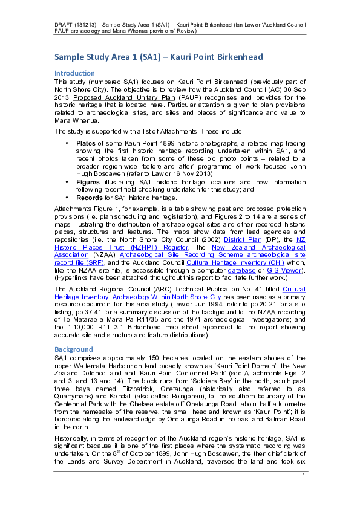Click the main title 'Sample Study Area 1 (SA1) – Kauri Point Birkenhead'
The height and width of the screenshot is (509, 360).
pyautogui.click(x=159, y=57)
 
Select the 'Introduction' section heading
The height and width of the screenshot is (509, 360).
pyautogui.click(x=74, y=73)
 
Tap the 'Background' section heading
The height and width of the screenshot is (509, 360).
pyautogui.click(x=73, y=349)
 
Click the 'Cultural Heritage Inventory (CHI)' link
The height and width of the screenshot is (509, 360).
pyautogui.click(x=235, y=263)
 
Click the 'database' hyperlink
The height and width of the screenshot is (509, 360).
pyautogui.click(x=241, y=270)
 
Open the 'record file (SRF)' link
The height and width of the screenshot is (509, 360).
pyautogui.click(x=79, y=263)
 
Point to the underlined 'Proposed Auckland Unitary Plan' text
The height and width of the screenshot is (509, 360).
pyautogui.click(x=124, y=98)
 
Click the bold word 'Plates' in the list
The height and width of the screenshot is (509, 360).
pyautogui.click(x=86, y=143)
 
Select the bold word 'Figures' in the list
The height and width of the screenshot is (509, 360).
pyautogui.click(x=88, y=182)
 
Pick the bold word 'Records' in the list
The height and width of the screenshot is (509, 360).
pyautogui.click(x=90, y=198)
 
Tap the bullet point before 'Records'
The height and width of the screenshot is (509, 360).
pyautogui.click(x=67, y=197)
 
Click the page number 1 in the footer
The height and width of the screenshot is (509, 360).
pyautogui.click(x=304, y=476)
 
